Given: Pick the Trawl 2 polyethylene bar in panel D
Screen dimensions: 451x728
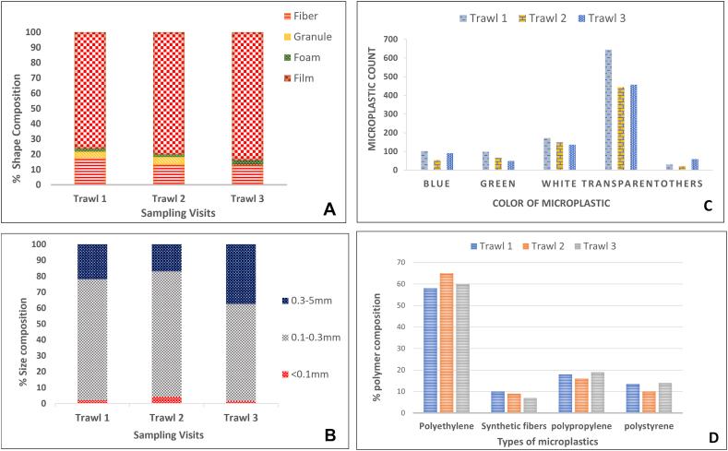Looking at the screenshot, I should pos(447,342).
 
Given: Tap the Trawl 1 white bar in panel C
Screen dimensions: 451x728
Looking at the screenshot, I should pos(547,154).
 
